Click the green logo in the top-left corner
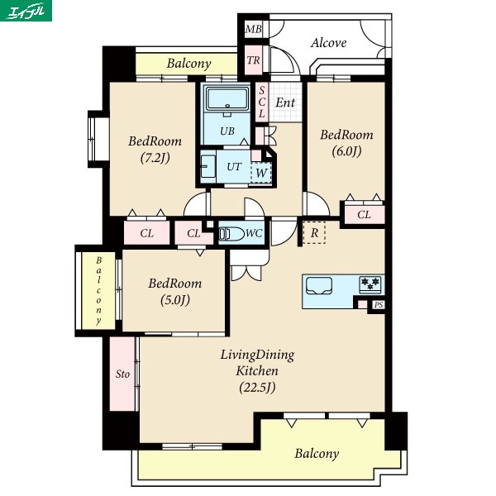click(x=26, y=11)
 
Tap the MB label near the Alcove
click(x=254, y=30)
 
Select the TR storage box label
click(x=254, y=60)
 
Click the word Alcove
click(x=328, y=43)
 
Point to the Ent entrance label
click(x=285, y=103)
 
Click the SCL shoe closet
click(x=261, y=102)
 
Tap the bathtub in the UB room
click(x=227, y=98)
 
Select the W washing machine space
click(x=261, y=173)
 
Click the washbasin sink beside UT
click(x=207, y=166)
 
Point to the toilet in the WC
click(x=231, y=234)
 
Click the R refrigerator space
click(x=314, y=233)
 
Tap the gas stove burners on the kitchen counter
click(x=370, y=284)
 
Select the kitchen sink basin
click(x=319, y=286)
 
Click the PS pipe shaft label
click(x=379, y=304)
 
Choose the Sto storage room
click(x=122, y=374)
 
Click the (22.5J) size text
click(x=257, y=387)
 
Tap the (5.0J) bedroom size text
click(x=175, y=299)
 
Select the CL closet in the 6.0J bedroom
click(x=364, y=215)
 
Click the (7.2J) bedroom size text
click(x=155, y=157)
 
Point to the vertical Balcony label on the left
click(x=98, y=291)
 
